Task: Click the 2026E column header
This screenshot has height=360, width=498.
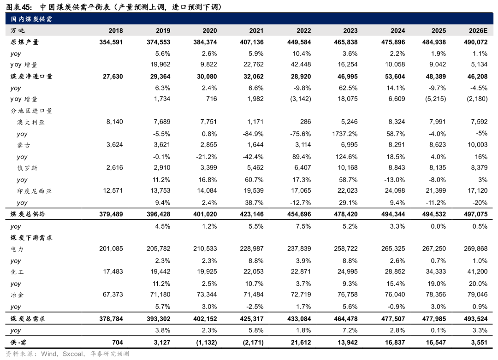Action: [x=478, y=30]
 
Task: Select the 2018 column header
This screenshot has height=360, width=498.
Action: [x=116, y=30]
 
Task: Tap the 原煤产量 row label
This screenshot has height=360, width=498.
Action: [x=24, y=42]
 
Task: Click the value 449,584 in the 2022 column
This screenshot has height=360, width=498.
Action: [x=299, y=42]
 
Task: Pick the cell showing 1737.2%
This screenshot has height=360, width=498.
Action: [x=345, y=134]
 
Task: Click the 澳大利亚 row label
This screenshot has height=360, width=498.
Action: [x=31, y=122]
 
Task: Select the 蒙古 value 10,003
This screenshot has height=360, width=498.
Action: [x=477, y=145]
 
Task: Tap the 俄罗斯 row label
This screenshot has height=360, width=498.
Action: [x=27, y=168]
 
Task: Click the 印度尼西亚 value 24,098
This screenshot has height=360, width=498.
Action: [x=395, y=190]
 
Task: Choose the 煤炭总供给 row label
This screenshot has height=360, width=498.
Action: [x=28, y=214]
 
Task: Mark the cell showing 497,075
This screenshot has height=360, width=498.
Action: [x=475, y=214]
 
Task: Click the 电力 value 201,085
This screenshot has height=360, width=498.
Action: [x=111, y=248]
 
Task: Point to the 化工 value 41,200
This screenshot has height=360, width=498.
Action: [x=477, y=271]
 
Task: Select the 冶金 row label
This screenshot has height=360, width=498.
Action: [x=17, y=295]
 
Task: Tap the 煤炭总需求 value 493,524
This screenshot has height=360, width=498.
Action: [x=475, y=319]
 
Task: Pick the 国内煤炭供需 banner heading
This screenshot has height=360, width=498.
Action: [x=31, y=19]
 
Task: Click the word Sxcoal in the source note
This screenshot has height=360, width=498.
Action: [x=73, y=354]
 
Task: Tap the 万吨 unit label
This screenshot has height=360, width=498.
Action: [x=18, y=30]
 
